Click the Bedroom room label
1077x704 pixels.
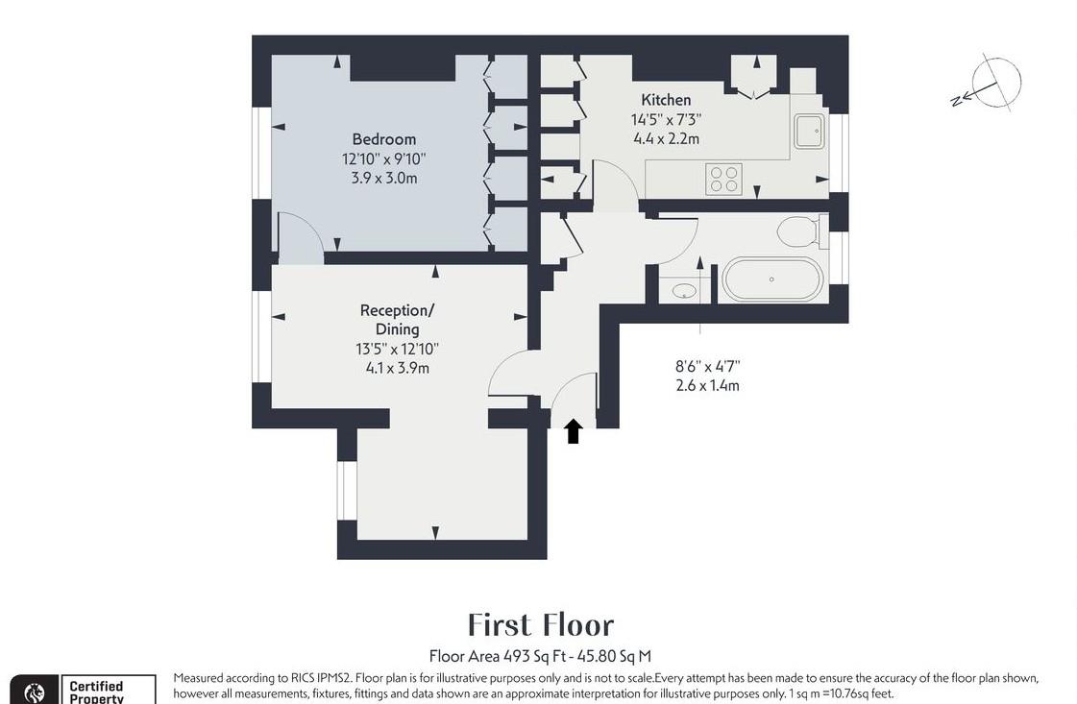pos(383,139)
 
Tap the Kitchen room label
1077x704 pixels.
pos(666,100)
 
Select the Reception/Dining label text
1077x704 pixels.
pos(397,320)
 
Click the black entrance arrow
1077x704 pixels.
pos(573,431)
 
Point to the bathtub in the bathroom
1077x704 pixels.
pos(772,279)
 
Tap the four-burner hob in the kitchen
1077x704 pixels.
pos(723,179)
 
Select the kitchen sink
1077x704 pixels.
pos(809,130)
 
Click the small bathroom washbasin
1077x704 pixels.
pos(684,291)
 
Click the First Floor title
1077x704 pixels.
pos(540,625)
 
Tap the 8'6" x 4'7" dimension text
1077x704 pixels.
pos(707,366)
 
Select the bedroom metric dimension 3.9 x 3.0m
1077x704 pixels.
pos(383,178)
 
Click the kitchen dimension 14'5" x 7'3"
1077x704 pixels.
pos(666,120)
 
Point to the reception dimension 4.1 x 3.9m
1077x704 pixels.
pos(397,368)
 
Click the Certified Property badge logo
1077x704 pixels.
pos(35,692)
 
